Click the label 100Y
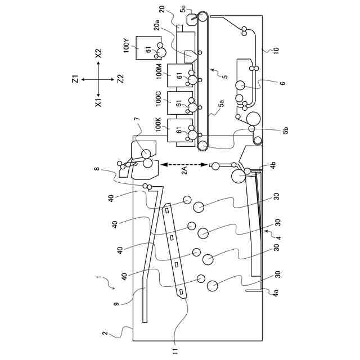127,46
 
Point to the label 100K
159,125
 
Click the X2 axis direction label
99,53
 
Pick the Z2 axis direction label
120,78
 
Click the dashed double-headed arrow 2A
183,164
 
